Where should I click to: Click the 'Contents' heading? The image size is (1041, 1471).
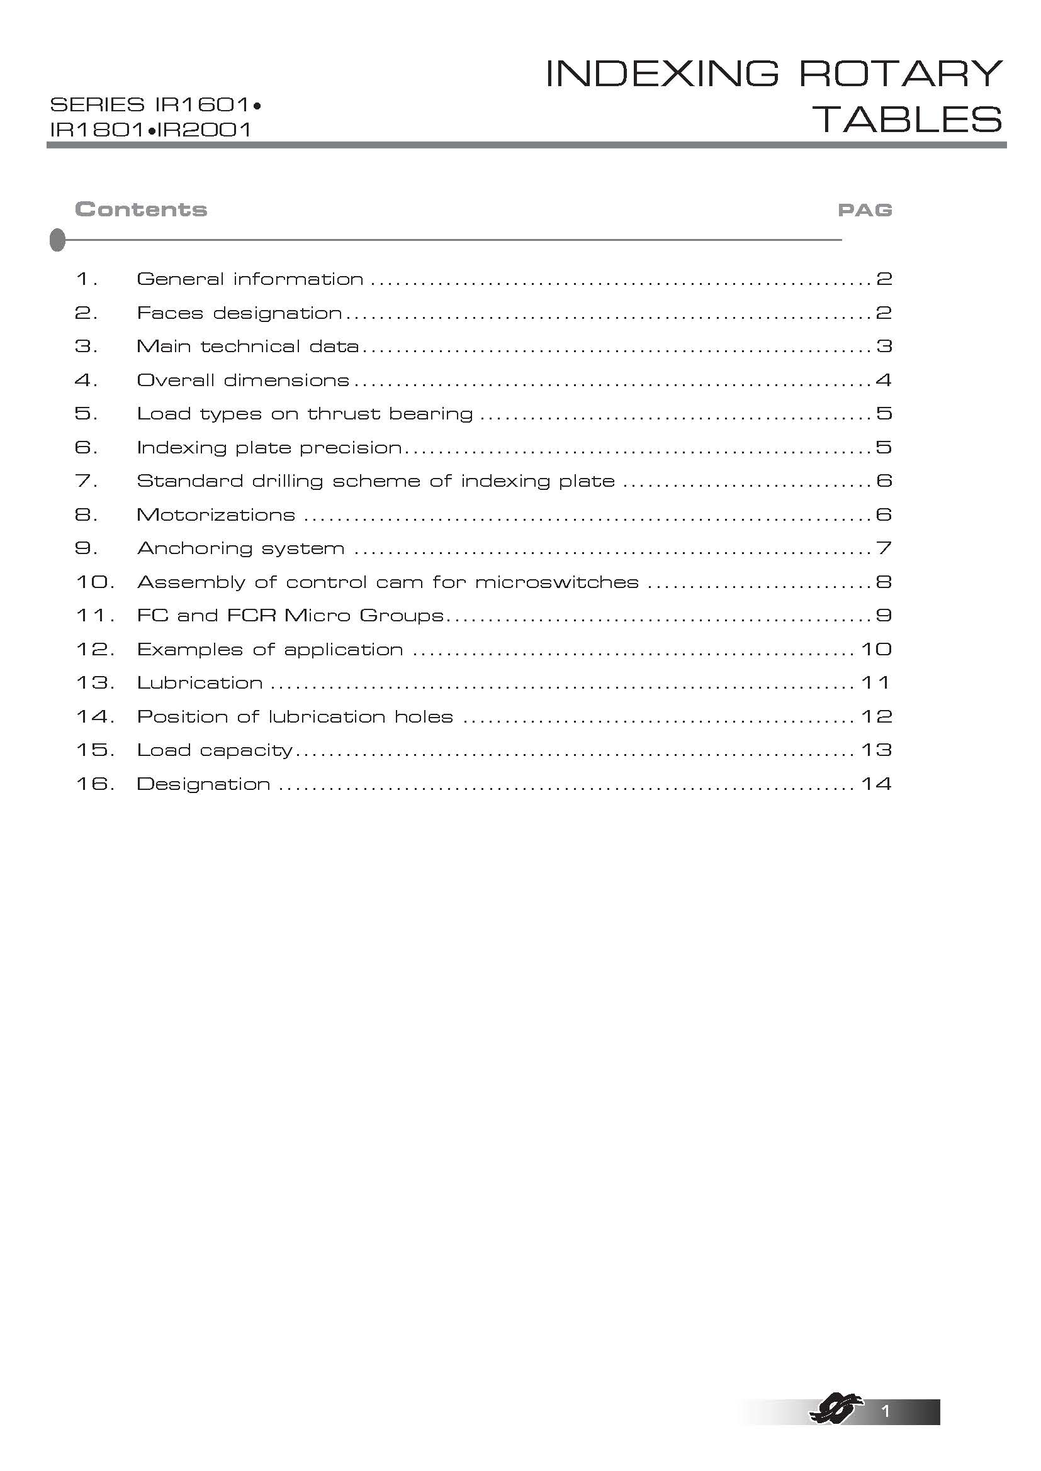141,209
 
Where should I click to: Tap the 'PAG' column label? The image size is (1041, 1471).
865,210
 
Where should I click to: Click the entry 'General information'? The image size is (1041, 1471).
250,279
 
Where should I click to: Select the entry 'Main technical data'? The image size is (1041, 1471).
247,347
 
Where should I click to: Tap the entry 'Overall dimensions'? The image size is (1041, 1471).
243,380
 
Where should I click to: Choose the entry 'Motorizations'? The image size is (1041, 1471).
216,515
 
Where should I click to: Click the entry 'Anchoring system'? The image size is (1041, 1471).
241,548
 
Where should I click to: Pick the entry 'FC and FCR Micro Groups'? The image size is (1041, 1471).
290,616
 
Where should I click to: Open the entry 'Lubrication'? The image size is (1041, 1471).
200,683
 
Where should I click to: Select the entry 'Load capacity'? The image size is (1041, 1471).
215,750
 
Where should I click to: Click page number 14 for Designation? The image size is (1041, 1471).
875,784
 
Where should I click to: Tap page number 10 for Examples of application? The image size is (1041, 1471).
875,650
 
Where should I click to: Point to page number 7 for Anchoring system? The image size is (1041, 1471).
884,548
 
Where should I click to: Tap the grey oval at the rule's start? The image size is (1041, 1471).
57,240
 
